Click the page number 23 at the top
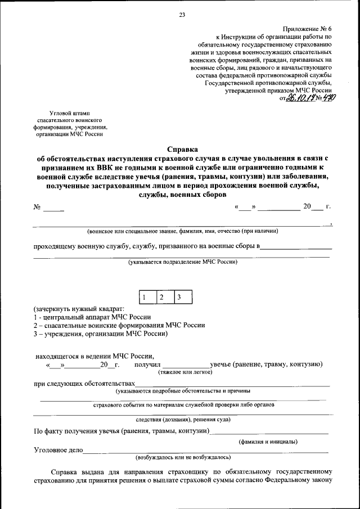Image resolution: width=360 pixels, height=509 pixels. (x=182, y=15)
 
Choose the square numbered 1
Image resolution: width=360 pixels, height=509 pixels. (x=145, y=298)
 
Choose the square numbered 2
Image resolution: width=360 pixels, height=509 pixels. (x=162, y=298)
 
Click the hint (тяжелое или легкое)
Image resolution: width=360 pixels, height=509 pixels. (x=185, y=372)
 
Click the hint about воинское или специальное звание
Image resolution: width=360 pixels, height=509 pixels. (x=182, y=231)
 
